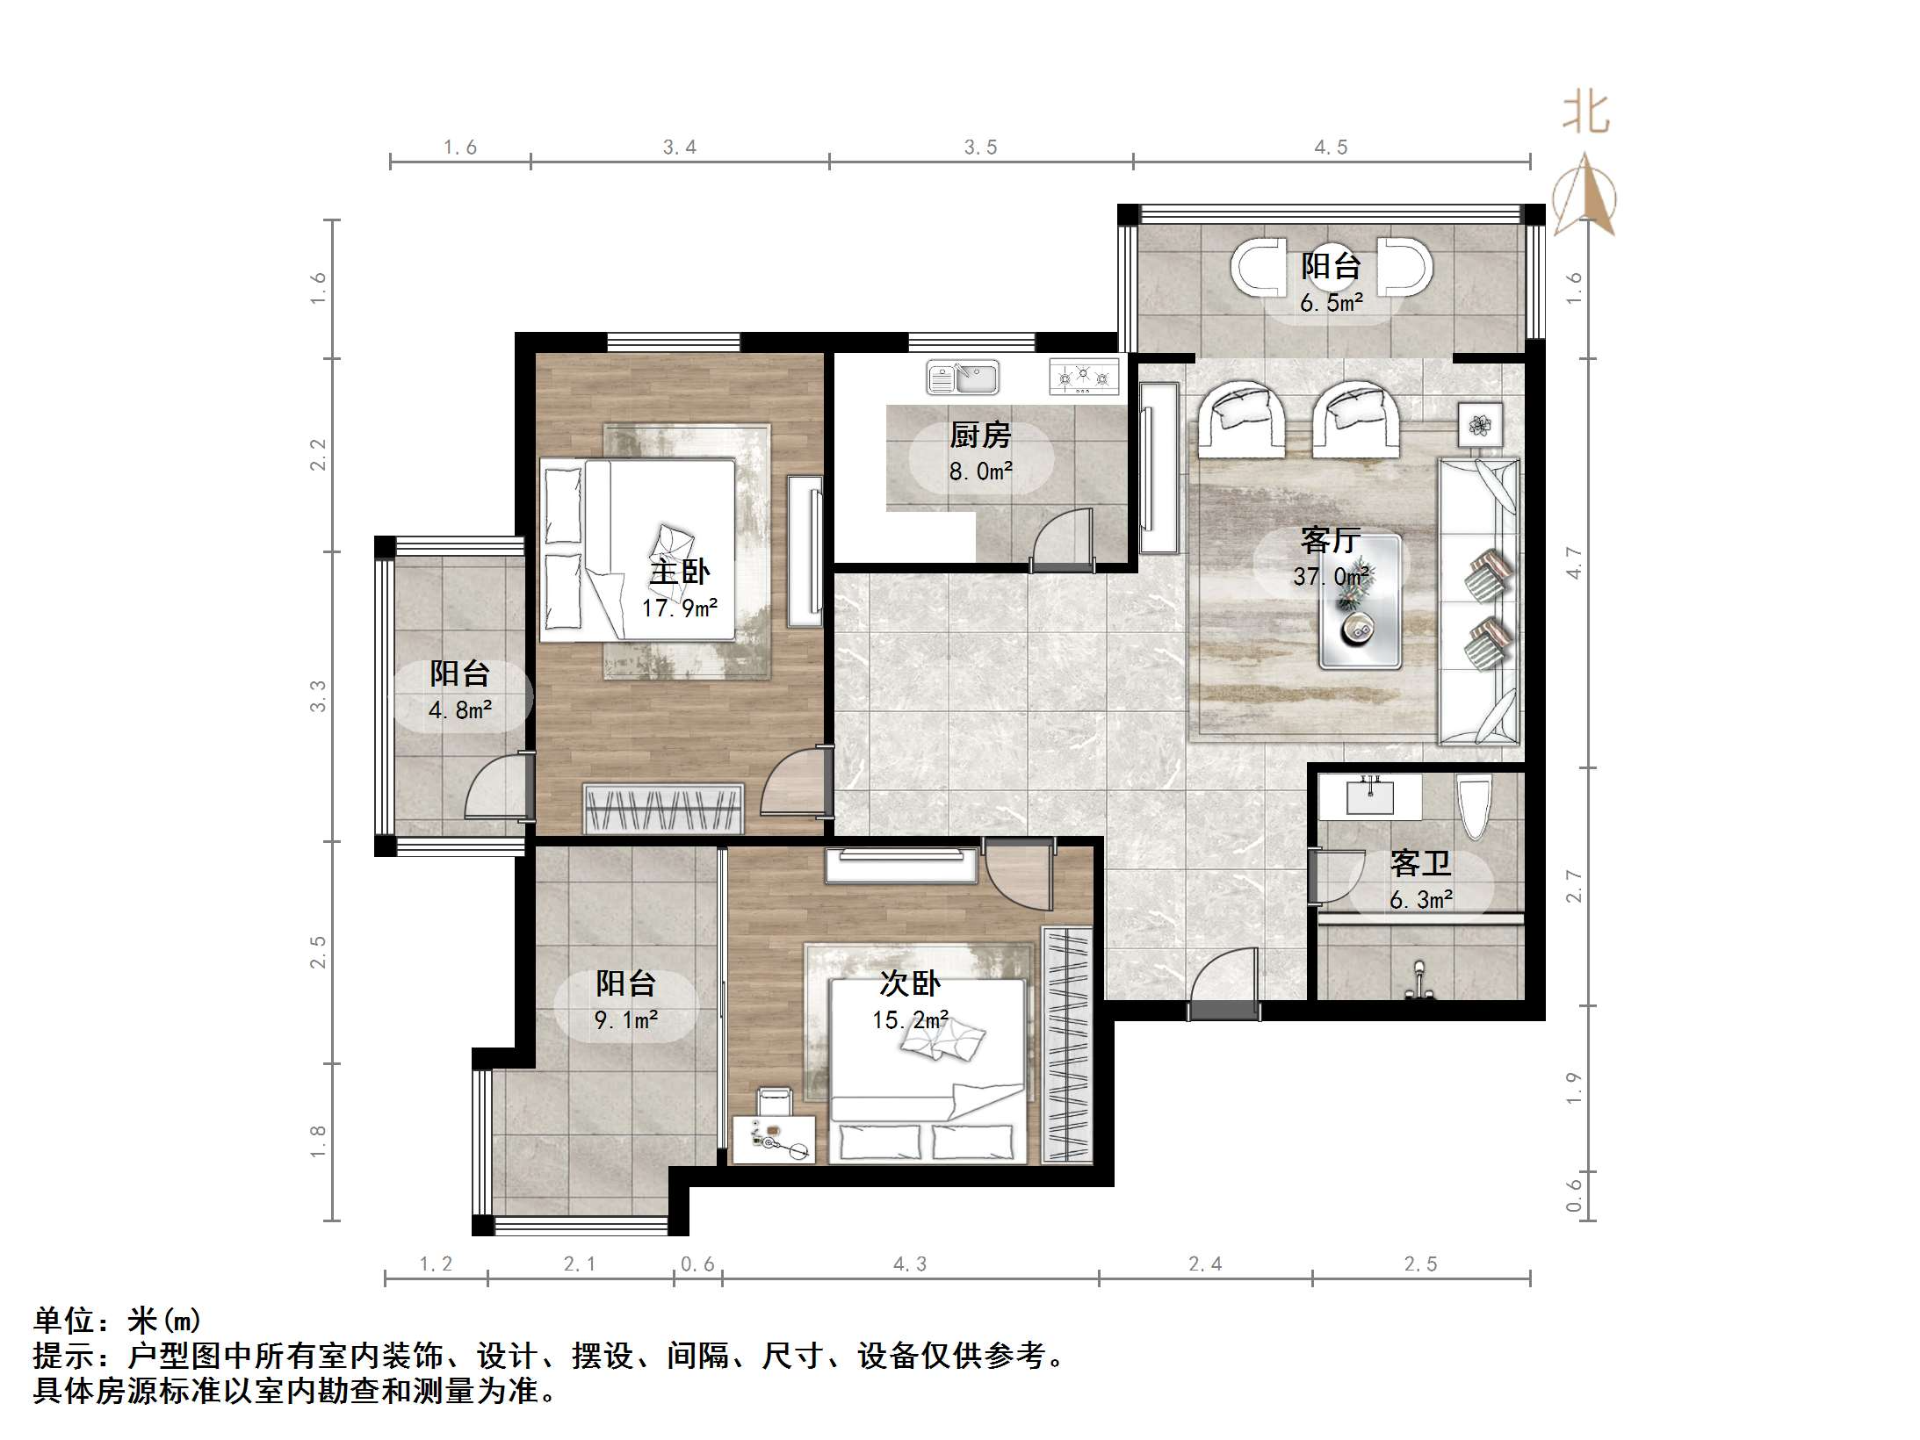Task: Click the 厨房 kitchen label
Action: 980,436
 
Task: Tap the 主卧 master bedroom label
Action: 679,572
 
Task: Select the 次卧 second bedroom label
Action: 910,984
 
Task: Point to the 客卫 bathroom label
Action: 1420,864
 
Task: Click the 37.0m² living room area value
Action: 1331,577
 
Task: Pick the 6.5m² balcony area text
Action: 1332,304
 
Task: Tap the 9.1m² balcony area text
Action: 626,1019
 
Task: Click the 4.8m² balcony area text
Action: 459,709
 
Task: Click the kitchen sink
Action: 963,378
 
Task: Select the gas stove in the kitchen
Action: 1084,376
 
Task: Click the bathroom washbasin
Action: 1370,797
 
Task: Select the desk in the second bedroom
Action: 773,1140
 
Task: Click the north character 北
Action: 1585,114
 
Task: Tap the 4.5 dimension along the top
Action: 1331,148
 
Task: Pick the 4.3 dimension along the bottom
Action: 910,1264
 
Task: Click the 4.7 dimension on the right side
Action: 1574,563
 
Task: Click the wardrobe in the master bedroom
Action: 664,808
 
